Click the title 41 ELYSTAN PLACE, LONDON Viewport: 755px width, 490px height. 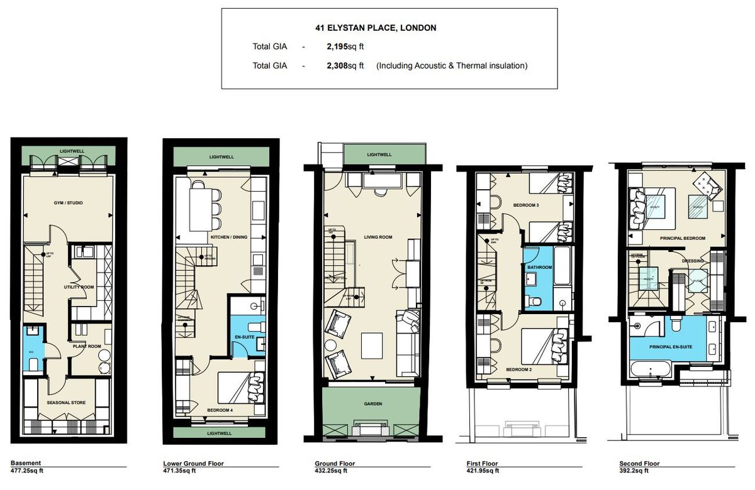coord(376,28)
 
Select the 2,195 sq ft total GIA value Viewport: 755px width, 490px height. coord(345,46)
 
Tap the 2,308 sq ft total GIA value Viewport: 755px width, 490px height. coord(345,65)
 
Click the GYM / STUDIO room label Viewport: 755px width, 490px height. coord(69,203)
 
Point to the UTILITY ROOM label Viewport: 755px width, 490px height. coord(79,286)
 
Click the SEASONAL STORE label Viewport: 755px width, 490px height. coord(66,402)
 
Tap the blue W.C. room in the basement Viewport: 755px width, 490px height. coord(32,351)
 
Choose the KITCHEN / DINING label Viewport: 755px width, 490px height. coord(227,237)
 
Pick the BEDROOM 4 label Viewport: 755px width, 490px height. coord(220,410)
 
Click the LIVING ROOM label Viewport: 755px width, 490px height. coord(378,237)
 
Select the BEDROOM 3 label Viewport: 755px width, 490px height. coord(525,205)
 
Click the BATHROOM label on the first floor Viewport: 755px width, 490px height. coord(540,267)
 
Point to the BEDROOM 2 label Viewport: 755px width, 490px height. coord(519,370)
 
